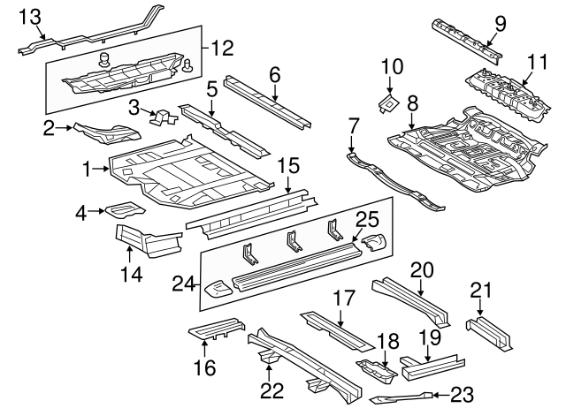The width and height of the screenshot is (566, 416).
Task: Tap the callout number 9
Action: (500, 24)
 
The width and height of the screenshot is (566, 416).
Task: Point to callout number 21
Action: (479, 289)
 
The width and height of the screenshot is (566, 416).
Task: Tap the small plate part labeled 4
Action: (123, 211)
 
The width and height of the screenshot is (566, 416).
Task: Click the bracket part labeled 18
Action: (372, 364)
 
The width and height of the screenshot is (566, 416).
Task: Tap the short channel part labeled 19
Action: (430, 361)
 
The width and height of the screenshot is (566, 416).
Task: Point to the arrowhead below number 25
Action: (356, 239)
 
